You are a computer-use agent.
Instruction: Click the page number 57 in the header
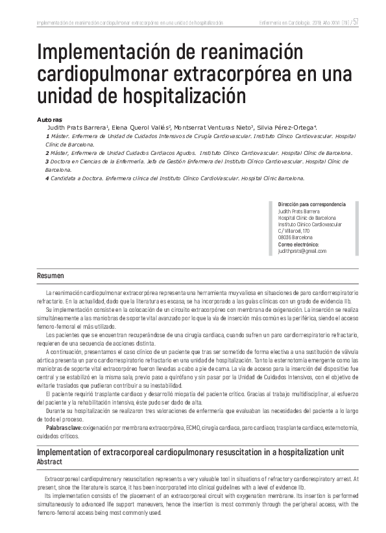point(356,23)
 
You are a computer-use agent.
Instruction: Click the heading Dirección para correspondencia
point(311,204)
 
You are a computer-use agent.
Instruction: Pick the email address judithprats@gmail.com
point(302,250)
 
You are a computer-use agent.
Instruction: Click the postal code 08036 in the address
point(286,237)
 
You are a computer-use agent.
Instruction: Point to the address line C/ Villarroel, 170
point(293,231)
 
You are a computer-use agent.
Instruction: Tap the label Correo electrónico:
point(298,244)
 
